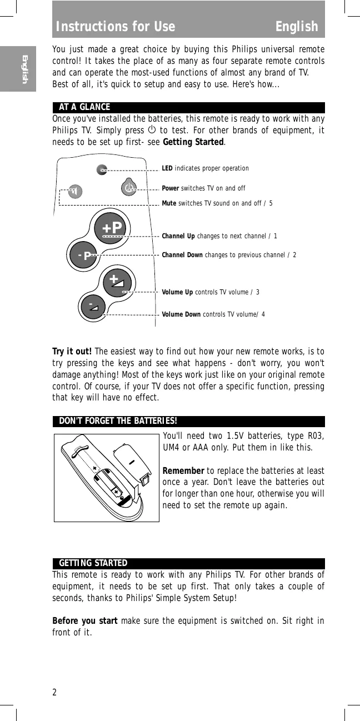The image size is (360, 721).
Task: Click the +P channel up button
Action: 112,228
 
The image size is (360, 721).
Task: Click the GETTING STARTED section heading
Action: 93,563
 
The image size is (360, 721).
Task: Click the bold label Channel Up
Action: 178,236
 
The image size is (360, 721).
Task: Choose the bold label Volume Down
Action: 181,314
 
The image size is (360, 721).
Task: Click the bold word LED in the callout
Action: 167,168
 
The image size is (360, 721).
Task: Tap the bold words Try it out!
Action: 72,351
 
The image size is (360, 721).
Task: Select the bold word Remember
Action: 183,471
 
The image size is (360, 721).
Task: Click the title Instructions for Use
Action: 116,27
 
